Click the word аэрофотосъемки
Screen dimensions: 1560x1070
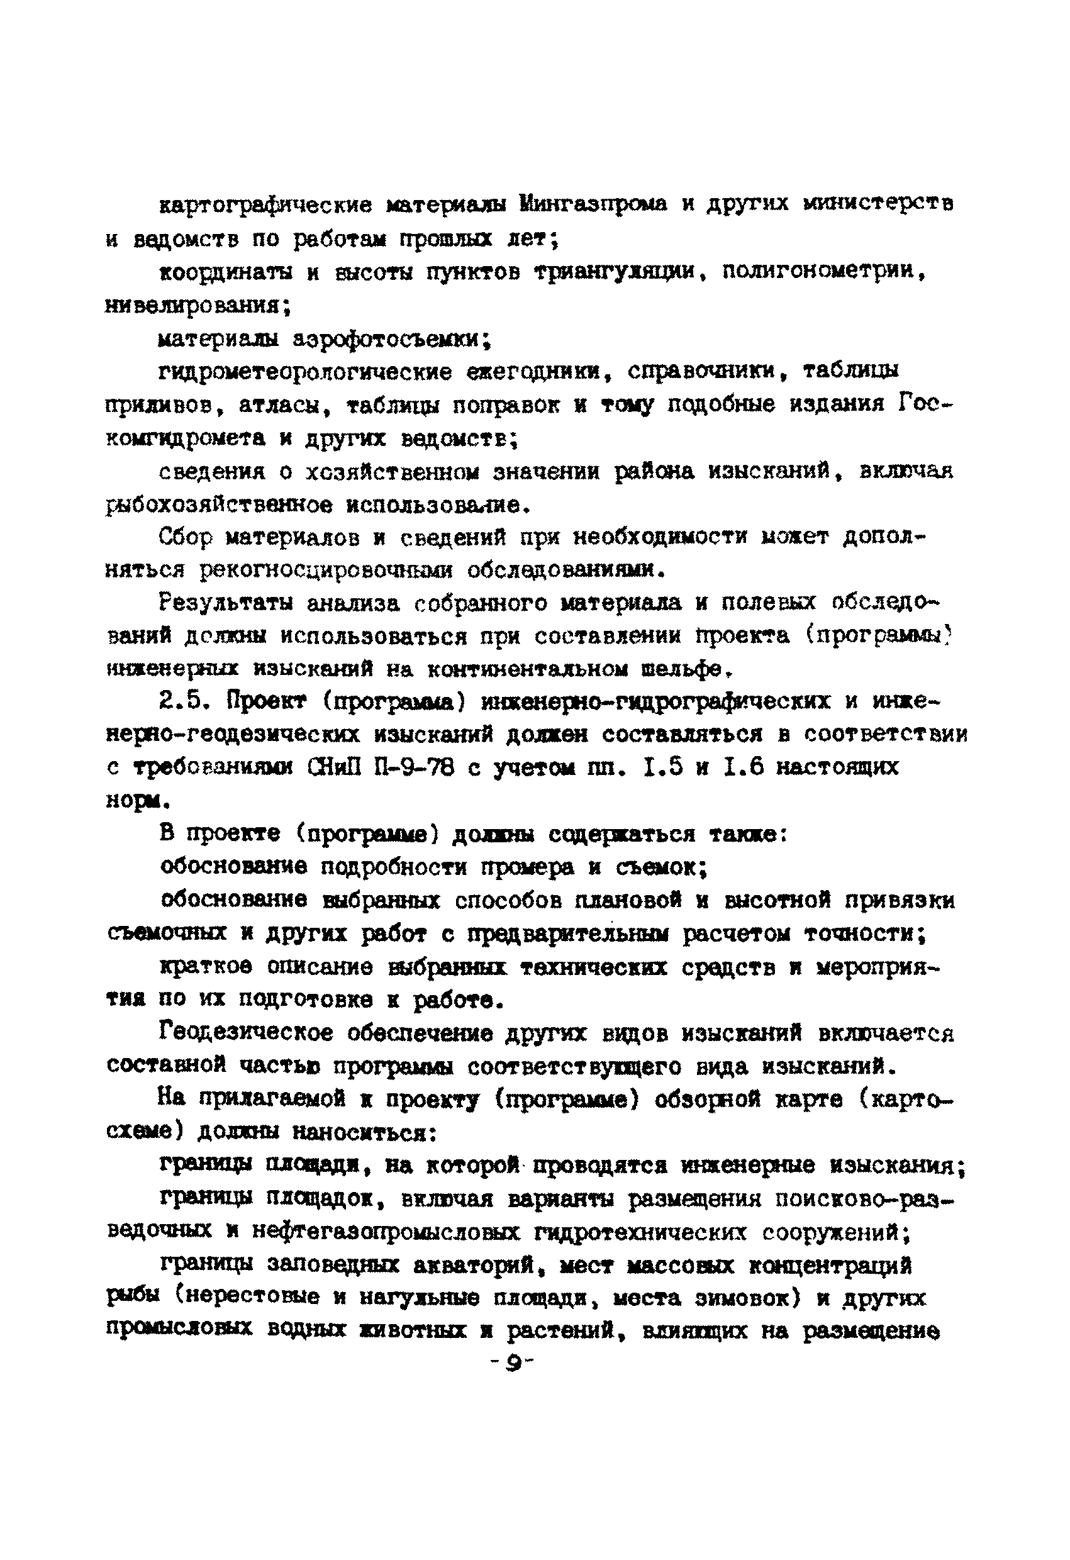pos(393,340)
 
